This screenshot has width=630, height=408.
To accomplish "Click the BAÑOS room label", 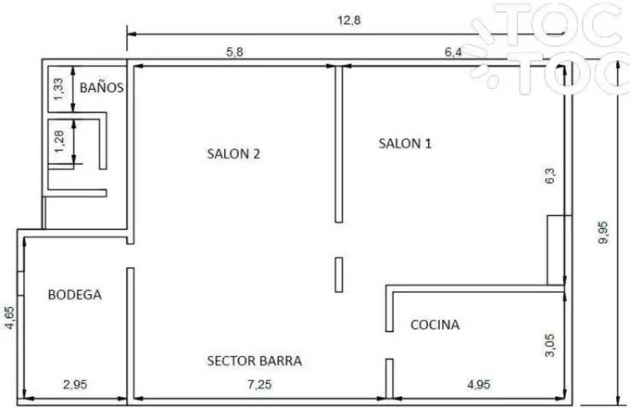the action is coord(101,87).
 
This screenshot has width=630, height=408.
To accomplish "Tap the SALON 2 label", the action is coord(233,154).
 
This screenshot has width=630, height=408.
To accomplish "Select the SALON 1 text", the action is coord(405,144).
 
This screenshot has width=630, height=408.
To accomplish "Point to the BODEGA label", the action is coord(75,295).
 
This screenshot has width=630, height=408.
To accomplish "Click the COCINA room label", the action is coord(435,325).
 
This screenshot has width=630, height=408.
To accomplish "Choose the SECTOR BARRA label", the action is coord(255,361).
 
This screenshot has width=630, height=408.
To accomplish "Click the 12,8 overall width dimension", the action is coord(348,20).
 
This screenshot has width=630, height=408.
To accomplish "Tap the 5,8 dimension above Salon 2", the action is coord(234,52).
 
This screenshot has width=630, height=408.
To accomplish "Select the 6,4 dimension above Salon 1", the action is coord(453,52).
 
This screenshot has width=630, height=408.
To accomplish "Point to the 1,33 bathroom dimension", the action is coord(58,89).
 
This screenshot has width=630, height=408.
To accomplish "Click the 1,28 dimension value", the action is coord(59,142).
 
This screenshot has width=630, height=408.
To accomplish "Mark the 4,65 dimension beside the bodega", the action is coord(9,317).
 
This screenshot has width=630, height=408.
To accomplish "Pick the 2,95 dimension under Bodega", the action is coord(75,385).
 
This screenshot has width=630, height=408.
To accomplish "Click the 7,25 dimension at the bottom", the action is coord(259,385).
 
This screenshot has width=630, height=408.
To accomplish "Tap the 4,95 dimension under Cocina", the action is coord(479,385).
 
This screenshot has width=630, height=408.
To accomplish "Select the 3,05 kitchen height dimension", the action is coord(549,345).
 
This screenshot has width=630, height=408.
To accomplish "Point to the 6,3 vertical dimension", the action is coord(549,175).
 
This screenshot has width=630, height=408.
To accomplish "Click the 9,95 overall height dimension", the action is coord(603,233).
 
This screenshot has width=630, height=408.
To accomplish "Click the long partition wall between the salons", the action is coord(339,145).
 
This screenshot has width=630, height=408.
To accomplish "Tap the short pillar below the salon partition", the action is coord(339,275).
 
